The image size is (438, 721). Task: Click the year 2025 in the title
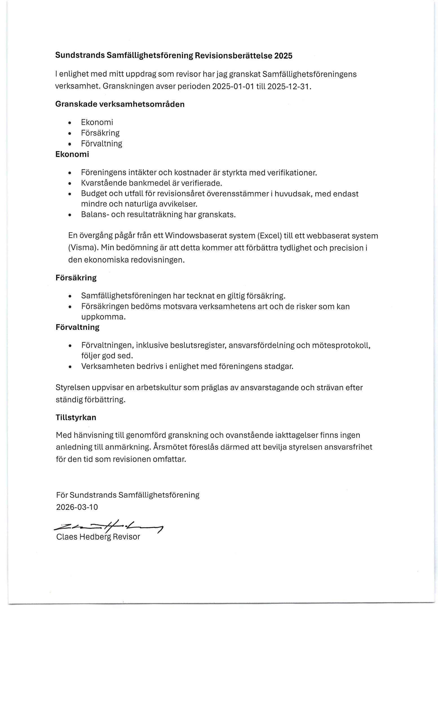tap(283, 55)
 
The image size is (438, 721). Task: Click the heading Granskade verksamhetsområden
tap(120, 104)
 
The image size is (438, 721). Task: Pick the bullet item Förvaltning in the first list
tap(101, 144)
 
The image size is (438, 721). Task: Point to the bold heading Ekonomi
tap(72, 154)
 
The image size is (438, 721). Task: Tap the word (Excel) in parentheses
tap(269, 235)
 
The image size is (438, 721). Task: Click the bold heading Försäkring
tap(76, 278)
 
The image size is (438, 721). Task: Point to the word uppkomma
tap(103, 317)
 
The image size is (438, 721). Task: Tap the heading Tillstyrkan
tap(76, 417)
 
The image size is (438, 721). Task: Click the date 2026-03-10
tap(77, 507)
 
